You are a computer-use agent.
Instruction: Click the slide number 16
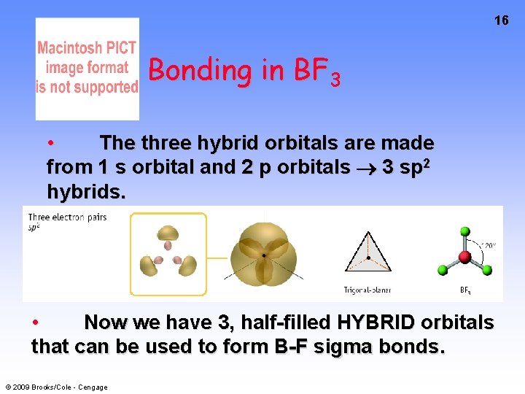(501, 20)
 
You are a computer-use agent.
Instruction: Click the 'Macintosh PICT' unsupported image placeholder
(87, 68)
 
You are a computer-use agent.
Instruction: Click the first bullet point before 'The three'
(50, 142)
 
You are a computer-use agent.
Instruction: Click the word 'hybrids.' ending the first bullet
(86, 192)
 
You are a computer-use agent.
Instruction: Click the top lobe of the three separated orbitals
(168, 233)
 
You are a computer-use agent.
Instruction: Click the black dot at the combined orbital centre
(264, 255)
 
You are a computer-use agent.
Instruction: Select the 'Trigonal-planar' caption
(367, 290)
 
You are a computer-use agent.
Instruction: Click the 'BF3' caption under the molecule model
(464, 290)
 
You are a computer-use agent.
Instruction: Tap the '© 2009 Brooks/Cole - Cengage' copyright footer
(56, 387)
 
